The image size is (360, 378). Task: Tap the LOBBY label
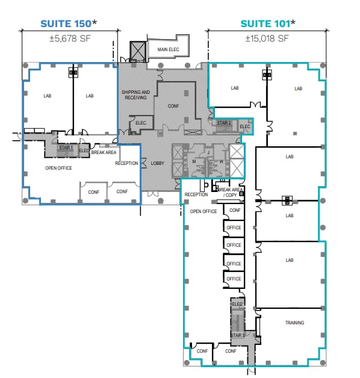(158, 163)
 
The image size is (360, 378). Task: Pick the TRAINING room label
(294, 323)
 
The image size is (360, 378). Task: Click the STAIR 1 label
(66, 147)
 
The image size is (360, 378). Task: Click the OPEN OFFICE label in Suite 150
(59, 168)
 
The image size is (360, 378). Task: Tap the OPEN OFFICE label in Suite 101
(203, 211)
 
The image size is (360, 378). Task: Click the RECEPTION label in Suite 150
(126, 163)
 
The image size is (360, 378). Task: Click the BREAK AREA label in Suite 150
(104, 152)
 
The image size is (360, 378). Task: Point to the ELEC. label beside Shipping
(142, 122)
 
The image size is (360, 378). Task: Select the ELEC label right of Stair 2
(244, 126)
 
